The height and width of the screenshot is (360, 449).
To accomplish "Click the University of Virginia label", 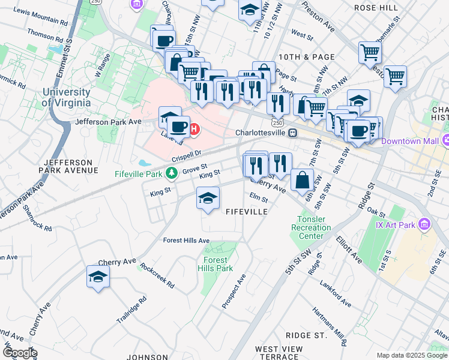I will pyautogui.click(x=66, y=97).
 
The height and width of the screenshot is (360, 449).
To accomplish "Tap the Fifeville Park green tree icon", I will pyautogui.click(x=172, y=174).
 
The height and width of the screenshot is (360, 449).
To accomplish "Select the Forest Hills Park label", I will pyautogui.click(x=215, y=265).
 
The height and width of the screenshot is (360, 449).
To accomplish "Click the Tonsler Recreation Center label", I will pyautogui.click(x=311, y=228).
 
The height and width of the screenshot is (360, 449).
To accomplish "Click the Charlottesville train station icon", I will pyautogui.click(x=292, y=133).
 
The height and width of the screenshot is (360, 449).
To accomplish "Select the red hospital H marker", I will pyautogui.click(x=194, y=128).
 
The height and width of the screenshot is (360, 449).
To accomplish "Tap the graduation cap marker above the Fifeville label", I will pyautogui.click(x=208, y=198).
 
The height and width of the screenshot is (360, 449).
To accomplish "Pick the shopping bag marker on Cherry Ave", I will pyautogui.click(x=302, y=179).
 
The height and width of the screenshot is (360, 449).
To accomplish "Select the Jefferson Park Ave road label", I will pyautogui.click(x=108, y=121).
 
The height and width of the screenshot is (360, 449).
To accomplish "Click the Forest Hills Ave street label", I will pyautogui.click(x=187, y=241).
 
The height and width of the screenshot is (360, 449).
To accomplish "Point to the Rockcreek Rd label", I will pyautogui.click(x=157, y=275).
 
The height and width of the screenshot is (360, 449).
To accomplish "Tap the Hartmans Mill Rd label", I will pyautogui.click(x=328, y=327).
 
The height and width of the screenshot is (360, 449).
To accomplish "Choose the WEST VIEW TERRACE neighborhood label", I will pyautogui.click(x=276, y=353).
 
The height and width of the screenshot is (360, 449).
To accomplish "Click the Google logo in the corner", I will pyautogui.click(x=19, y=353).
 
